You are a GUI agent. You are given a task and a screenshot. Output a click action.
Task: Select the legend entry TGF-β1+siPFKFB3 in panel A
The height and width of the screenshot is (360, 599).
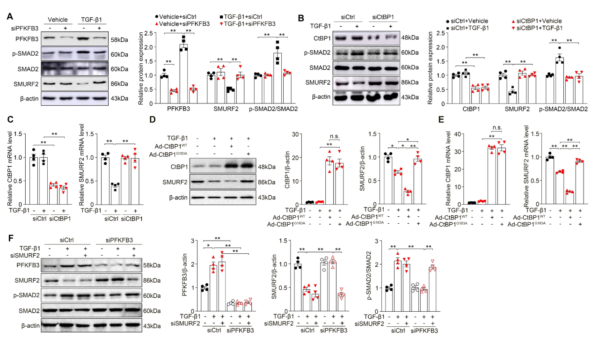click(250, 23)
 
